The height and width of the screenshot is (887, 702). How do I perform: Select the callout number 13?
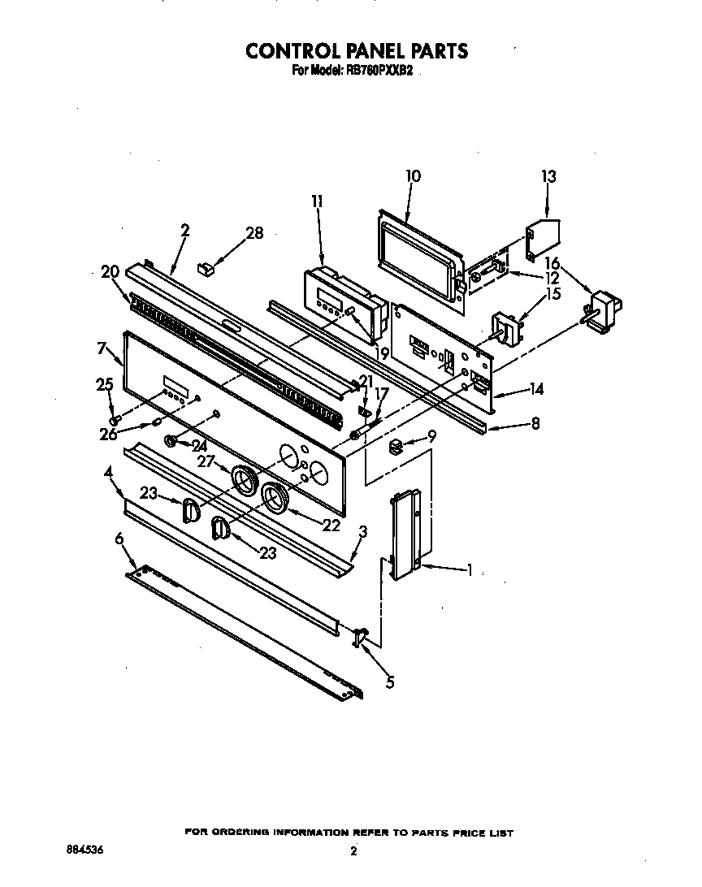tap(549, 176)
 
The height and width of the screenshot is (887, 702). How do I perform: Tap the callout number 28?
tap(254, 233)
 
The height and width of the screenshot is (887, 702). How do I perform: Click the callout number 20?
tap(110, 272)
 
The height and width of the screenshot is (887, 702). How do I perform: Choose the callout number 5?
tap(390, 682)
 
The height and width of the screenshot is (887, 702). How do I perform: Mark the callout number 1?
tap(470, 570)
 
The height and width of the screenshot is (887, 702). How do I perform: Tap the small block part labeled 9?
tap(396, 443)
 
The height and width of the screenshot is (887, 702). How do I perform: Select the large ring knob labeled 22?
tap(276, 498)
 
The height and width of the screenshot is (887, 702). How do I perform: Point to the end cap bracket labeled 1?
tap(405, 536)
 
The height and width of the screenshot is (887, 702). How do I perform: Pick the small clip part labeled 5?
tap(360, 637)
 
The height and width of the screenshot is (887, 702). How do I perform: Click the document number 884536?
tap(84, 849)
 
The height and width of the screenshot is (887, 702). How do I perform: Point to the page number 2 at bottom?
tap(353, 851)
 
